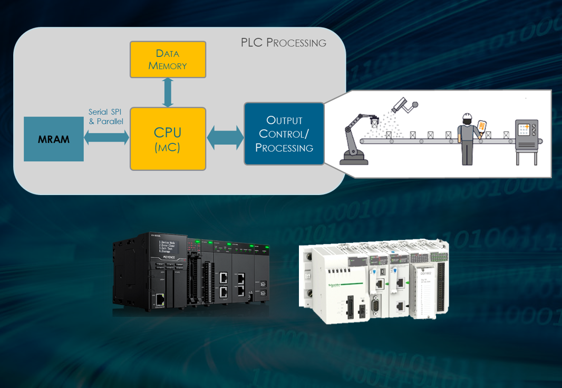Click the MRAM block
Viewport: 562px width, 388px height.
[54, 139]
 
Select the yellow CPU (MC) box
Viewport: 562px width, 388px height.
[168, 139]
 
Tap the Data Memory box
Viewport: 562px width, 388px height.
[168, 59]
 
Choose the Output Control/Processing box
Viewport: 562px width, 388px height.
[284, 134]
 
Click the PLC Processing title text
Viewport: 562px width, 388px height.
[283, 43]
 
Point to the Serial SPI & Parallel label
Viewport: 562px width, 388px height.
[105, 117]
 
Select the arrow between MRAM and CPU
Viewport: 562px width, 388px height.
[106, 138]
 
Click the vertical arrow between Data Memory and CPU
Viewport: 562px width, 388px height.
[168, 92]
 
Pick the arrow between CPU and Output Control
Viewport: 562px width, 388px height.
[225, 138]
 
